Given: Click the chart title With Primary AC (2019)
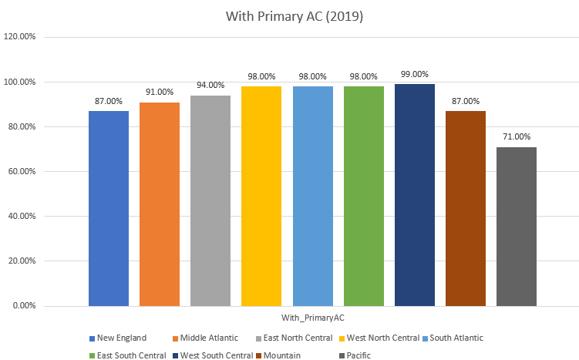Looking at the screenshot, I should click(x=290, y=15).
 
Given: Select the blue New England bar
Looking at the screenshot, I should click(x=109, y=208).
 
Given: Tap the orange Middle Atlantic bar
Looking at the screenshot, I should click(x=160, y=204).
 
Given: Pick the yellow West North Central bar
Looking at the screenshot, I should click(x=261, y=196).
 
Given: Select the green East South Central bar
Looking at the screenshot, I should click(x=364, y=196).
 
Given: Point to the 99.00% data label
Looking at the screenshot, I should click(x=415, y=74).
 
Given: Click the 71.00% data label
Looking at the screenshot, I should click(x=517, y=136).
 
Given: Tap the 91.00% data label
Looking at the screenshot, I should click(x=160, y=92).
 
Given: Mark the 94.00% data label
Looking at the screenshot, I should click(x=210, y=85).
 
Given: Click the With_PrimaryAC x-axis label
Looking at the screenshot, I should click(x=312, y=317).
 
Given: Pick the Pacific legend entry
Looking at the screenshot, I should click(x=357, y=355).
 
